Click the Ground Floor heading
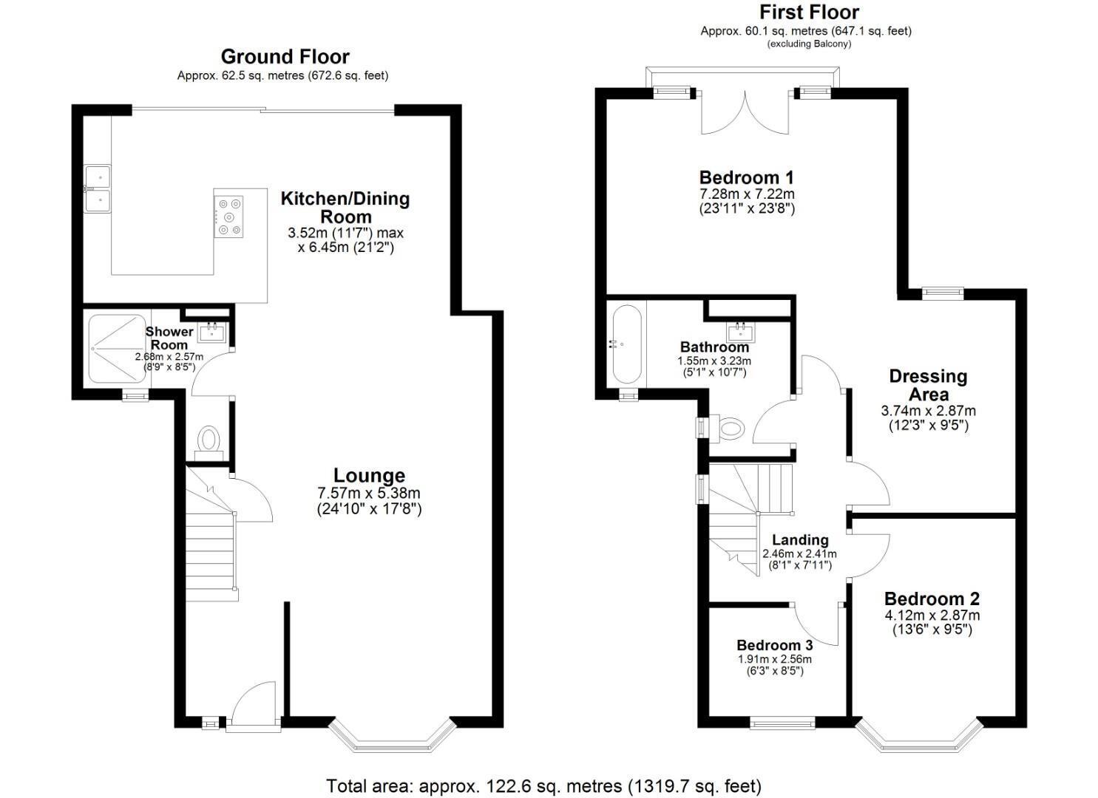coord(285,57)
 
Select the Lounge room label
coord(369,475)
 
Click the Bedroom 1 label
coord(746,177)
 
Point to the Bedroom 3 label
coord(774,645)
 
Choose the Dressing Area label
coord(929,385)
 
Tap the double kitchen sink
coord(98,188)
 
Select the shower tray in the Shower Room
coord(117,348)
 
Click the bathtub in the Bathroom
coord(626,344)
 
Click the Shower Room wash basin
coord(211,332)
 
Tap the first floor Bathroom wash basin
coord(741,332)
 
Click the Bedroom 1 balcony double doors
coord(745,112)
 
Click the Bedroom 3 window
coord(782,722)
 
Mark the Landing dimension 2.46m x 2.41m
coord(799,554)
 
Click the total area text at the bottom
coord(544,773)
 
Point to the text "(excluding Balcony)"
coord(809,44)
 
